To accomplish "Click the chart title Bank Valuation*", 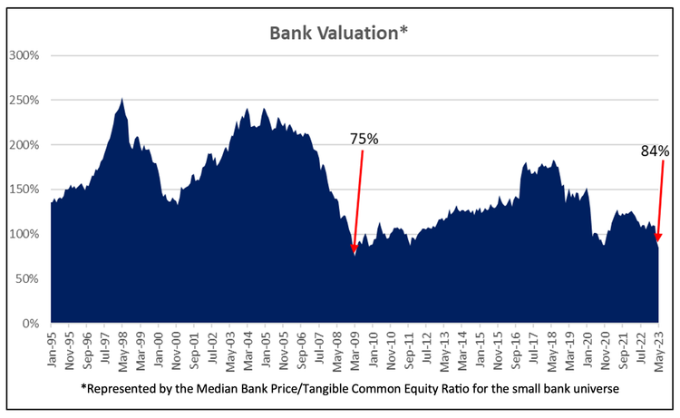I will click(x=336, y=33).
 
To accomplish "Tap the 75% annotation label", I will click(x=365, y=139).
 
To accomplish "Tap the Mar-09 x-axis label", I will click(x=355, y=345).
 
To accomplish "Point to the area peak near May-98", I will click(x=122, y=100).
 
